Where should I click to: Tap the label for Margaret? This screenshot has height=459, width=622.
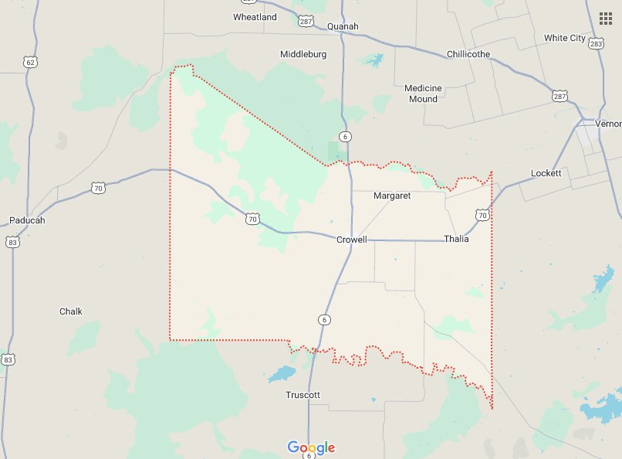point(392,195)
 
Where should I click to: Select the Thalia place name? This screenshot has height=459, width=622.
point(456,239)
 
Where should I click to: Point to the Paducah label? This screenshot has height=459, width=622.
point(27,220)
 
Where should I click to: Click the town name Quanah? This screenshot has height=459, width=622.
point(343,26)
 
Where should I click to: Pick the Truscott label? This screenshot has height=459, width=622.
point(303,395)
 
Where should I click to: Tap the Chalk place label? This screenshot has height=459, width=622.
point(71,311)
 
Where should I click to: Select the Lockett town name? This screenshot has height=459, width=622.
point(546,173)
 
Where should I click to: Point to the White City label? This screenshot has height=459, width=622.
point(565,38)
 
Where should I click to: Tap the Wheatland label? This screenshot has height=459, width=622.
point(255,17)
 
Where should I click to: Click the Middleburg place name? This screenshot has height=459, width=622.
point(303,54)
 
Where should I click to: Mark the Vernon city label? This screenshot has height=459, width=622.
point(608,124)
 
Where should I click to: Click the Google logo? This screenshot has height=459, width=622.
point(311,447)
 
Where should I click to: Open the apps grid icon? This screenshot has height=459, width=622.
point(606,18)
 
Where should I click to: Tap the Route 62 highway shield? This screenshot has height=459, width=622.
point(30,61)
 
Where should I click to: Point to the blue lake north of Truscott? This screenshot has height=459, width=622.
point(282,375)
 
